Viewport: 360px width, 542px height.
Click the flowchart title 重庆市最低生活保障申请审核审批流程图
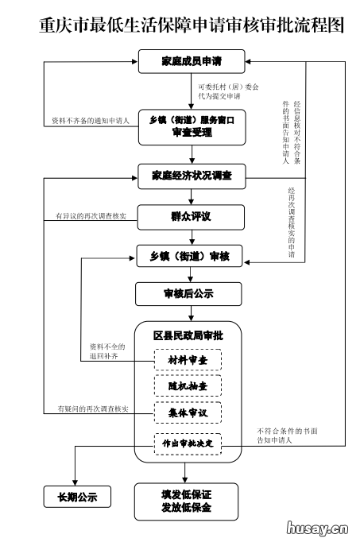pos(180,25)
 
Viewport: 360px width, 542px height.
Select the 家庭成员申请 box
pos(191,61)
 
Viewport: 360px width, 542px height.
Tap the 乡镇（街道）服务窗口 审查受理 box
pos(191,126)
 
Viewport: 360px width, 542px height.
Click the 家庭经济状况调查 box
pos(191,176)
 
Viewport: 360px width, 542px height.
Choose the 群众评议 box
pos(191,215)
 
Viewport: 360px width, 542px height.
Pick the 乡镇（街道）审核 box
pos(191,256)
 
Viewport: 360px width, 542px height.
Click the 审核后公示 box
pos(191,294)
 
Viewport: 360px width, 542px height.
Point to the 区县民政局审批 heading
pos(188,336)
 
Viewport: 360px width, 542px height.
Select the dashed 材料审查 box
pos(188,360)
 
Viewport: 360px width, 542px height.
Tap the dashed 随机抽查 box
pos(188,386)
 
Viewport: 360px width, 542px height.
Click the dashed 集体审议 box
pos(188,413)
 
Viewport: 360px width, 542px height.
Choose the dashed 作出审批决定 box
pos(188,442)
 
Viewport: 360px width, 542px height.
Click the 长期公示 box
pos(76,497)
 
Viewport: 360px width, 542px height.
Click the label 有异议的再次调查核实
pos(90,216)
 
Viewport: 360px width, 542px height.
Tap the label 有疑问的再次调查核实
pos(90,408)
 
